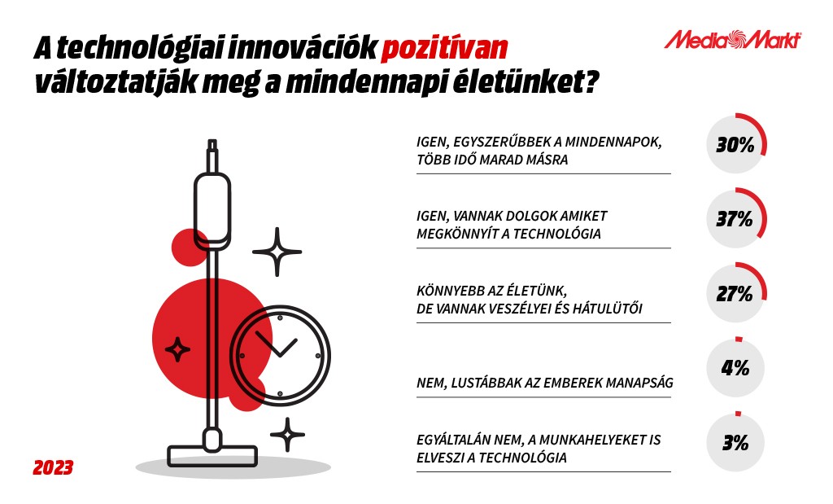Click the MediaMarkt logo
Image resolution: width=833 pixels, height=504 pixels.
click(x=733, y=40)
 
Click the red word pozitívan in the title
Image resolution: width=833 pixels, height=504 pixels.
click(x=445, y=49)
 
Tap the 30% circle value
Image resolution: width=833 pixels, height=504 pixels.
click(x=735, y=145)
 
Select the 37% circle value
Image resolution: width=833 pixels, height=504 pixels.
click(x=735, y=219)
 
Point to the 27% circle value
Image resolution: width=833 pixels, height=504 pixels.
click(x=735, y=293)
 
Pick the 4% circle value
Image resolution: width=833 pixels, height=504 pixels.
click(x=735, y=368)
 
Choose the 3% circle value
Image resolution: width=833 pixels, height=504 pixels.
click(x=735, y=442)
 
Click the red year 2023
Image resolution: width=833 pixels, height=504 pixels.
click(x=53, y=468)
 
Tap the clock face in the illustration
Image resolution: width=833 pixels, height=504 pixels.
click(x=280, y=355)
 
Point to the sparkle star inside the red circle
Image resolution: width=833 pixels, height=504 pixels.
click(x=177, y=350)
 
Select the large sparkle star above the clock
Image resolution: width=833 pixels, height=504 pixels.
click(x=277, y=252)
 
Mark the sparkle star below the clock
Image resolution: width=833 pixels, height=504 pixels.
click(x=287, y=435)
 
